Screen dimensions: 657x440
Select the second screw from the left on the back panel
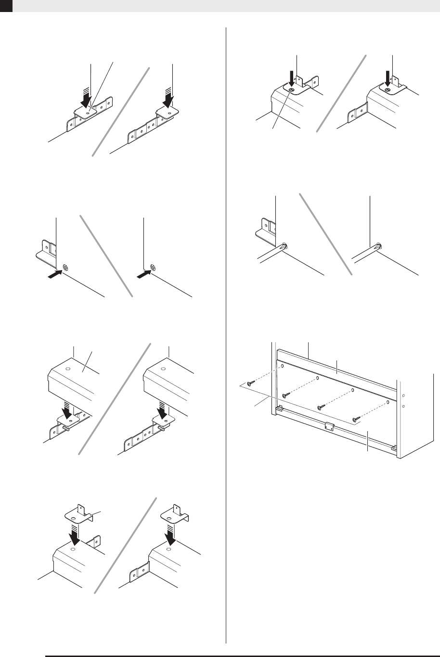(285, 395)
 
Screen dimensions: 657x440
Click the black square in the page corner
(5, 5)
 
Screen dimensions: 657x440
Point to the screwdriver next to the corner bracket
(272, 252)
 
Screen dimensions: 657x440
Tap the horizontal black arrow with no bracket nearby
(144, 273)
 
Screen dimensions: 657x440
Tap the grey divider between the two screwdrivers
(326, 234)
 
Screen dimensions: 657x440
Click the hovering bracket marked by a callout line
(77, 516)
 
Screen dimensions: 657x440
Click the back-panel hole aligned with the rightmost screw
(388, 400)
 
